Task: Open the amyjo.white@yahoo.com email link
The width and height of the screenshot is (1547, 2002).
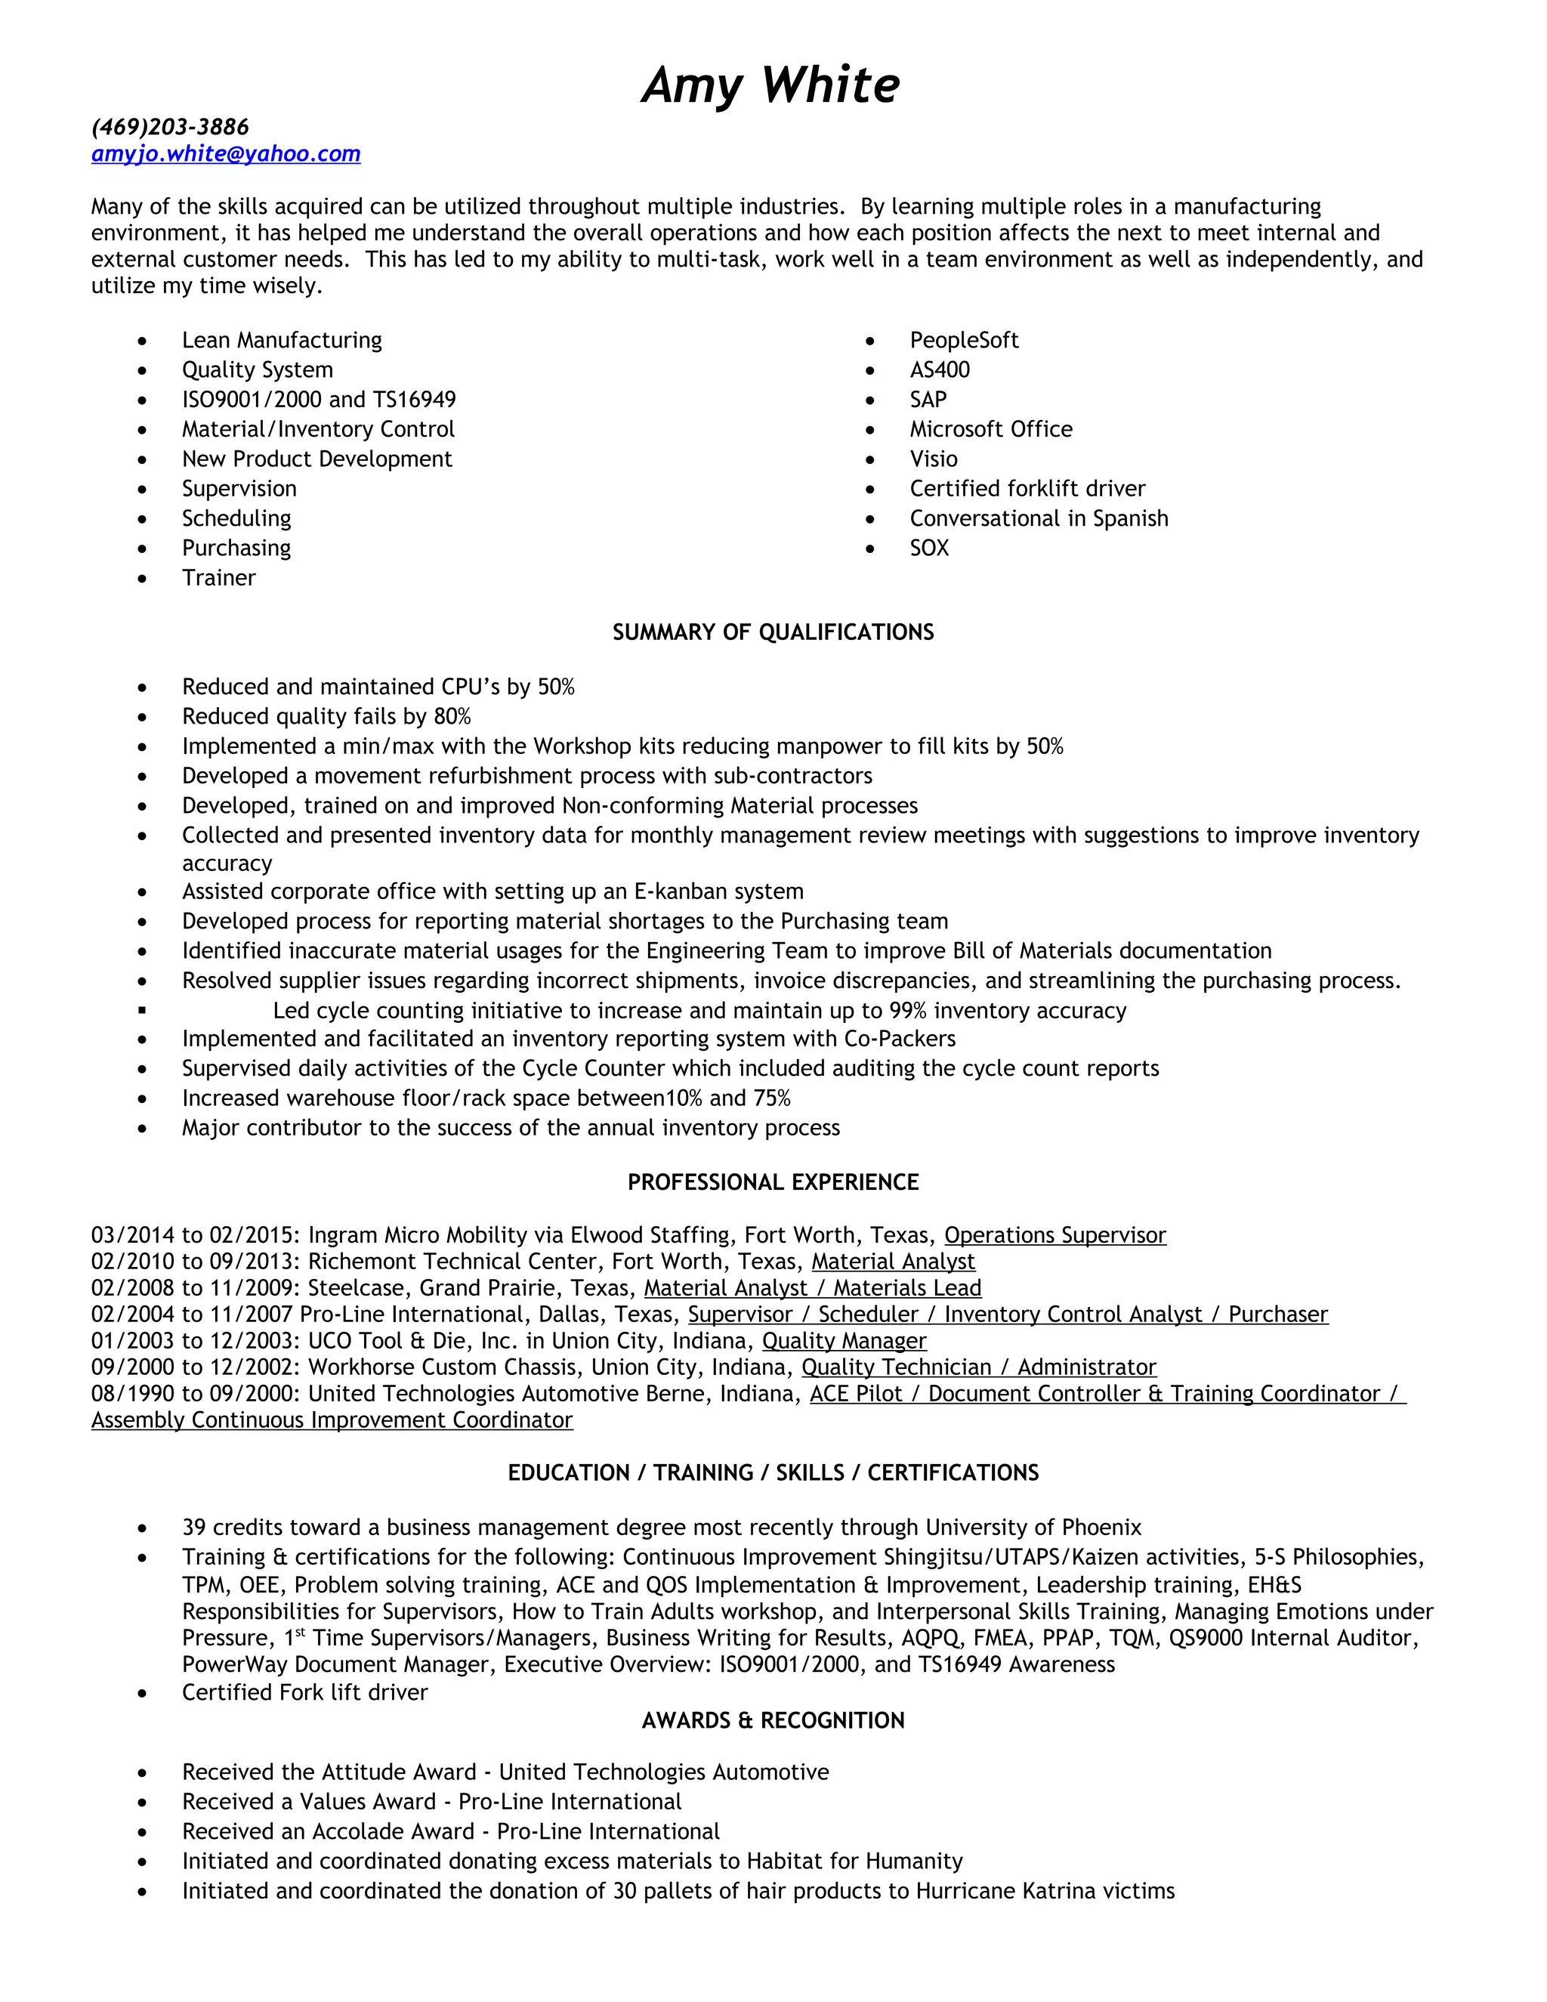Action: [225, 154]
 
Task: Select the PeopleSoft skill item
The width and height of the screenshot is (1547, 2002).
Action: [963, 340]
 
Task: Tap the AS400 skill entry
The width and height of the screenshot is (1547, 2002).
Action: [940, 369]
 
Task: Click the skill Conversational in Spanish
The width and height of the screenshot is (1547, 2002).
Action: [1039, 518]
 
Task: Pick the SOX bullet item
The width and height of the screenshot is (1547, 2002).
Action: [928, 548]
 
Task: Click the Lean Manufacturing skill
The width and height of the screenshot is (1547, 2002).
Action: [281, 340]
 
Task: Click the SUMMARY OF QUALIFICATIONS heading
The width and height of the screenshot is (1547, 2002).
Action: [773, 632]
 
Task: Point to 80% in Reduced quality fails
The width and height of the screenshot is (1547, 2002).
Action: [451, 716]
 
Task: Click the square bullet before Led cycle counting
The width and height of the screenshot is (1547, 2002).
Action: [142, 1010]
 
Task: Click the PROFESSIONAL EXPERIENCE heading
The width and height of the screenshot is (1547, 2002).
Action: [773, 1182]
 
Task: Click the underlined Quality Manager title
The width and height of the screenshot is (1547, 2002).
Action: [844, 1340]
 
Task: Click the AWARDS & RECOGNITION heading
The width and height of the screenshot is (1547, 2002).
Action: [773, 1719]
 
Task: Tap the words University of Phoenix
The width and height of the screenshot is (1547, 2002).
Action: [1033, 1527]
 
